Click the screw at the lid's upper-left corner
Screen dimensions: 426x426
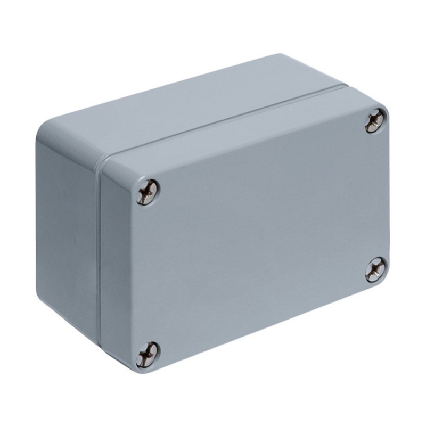coord(147,192)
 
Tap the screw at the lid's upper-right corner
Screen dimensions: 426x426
coord(376,121)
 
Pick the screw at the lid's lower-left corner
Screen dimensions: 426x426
coord(147,355)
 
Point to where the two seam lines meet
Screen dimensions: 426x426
coord(101,160)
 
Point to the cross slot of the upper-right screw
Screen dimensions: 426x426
coord(376,121)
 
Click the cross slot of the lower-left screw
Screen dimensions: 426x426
coord(147,355)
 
